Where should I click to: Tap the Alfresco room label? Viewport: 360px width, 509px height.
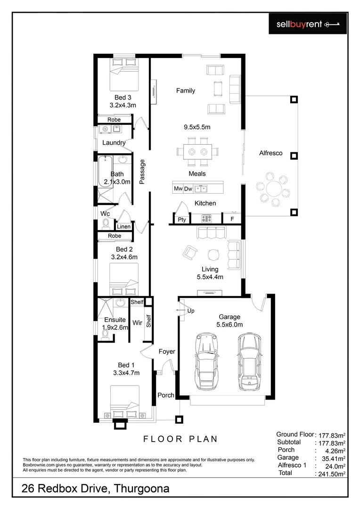point(271,153)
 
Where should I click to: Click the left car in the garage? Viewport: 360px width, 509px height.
point(205,360)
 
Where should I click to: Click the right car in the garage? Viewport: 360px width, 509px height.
point(248,360)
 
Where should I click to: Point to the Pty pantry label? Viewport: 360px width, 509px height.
point(181,220)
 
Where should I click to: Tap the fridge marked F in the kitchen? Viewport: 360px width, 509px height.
point(232,219)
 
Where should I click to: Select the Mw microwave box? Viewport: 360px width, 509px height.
point(178,189)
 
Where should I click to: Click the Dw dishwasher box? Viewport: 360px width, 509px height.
point(188,189)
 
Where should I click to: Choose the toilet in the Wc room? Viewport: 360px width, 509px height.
point(106,223)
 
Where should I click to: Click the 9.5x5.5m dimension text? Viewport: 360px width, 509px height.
point(196,127)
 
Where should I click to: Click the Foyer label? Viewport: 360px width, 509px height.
point(166,352)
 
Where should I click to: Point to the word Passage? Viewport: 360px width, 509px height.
point(142,172)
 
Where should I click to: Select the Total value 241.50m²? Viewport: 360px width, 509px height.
point(330,474)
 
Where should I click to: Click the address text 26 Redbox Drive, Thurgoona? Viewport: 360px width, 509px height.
point(95,489)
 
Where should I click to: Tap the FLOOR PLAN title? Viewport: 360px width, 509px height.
point(180,439)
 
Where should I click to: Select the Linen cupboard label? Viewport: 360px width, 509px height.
point(123,227)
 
